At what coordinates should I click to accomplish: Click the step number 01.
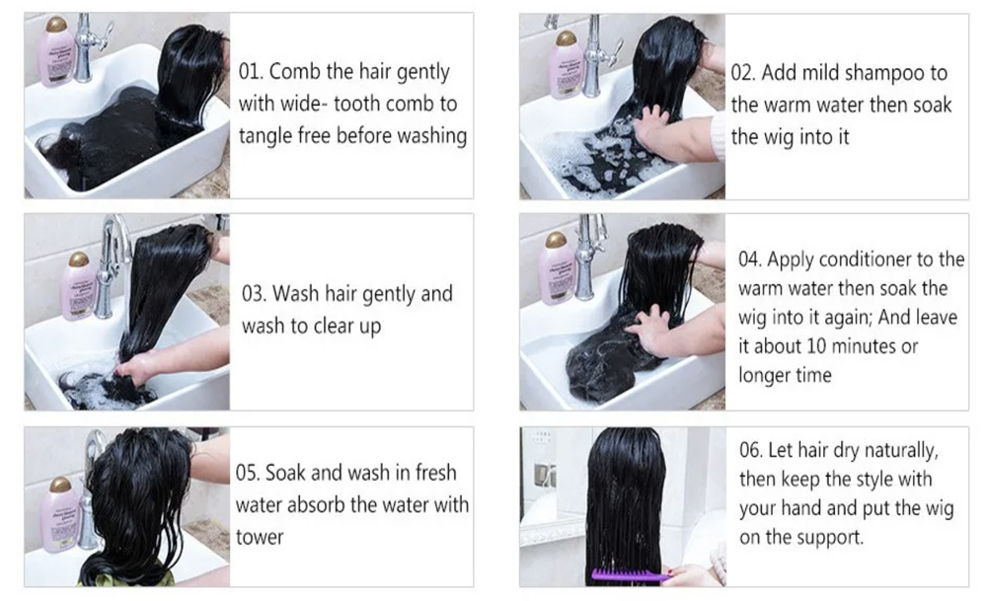click(250, 71)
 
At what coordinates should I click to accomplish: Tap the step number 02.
click(742, 72)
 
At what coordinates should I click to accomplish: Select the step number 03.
click(254, 293)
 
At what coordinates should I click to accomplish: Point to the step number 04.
click(749, 260)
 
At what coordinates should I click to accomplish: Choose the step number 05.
click(247, 473)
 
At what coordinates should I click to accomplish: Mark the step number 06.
click(750, 450)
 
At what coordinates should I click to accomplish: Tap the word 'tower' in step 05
click(260, 538)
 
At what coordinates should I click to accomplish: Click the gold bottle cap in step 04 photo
click(556, 241)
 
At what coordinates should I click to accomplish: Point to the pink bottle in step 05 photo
click(60, 513)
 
